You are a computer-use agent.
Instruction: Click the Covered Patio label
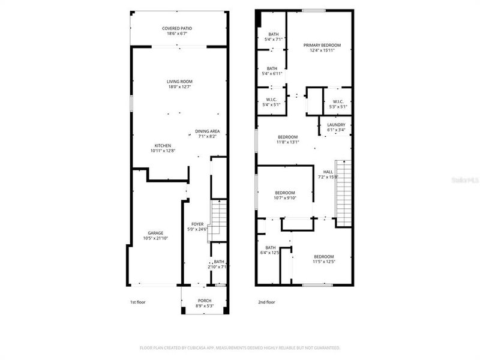[x=179, y=29]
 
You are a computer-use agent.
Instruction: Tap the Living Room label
[x=179, y=82]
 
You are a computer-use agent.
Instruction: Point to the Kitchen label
[x=163, y=146]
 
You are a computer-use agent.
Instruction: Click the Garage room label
[x=155, y=233]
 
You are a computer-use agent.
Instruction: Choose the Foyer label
[x=198, y=224]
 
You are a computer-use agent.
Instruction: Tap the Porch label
[x=205, y=301]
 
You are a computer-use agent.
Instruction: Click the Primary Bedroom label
[x=322, y=46]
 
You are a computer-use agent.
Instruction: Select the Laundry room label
[x=335, y=125]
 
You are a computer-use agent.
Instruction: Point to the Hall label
[x=328, y=172]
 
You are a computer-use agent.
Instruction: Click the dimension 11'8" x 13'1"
[x=287, y=142]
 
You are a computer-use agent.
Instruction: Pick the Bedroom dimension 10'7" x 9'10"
[x=284, y=198]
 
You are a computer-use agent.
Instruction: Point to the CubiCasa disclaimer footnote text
[x=240, y=347]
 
